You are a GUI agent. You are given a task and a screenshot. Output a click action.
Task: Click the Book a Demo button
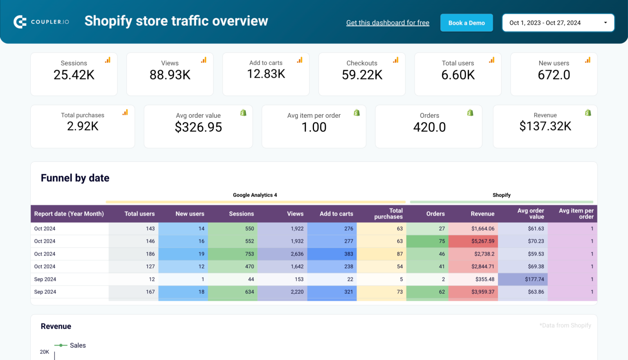click(x=467, y=23)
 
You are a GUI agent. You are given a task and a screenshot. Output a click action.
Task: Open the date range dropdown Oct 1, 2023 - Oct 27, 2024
click(x=558, y=23)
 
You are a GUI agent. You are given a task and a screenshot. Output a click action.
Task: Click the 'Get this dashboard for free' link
click(x=388, y=23)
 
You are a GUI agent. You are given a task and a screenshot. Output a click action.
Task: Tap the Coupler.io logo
click(x=41, y=22)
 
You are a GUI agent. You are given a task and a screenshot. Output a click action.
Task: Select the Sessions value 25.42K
click(x=74, y=75)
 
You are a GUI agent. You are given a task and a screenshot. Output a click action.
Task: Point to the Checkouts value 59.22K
click(x=362, y=75)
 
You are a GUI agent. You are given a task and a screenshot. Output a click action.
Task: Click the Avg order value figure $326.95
click(x=198, y=127)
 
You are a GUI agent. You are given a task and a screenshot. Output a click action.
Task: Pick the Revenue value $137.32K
click(x=545, y=126)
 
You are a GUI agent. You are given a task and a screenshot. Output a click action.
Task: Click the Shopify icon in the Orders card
click(x=470, y=113)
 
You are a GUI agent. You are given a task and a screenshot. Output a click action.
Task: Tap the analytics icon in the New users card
click(x=588, y=60)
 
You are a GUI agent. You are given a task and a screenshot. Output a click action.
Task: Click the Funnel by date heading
click(x=75, y=178)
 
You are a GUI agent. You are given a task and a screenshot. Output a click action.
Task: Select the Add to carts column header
click(x=336, y=214)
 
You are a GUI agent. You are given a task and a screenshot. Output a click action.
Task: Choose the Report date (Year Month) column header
click(x=69, y=214)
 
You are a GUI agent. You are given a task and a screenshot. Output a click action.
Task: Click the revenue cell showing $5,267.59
click(x=482, y=241)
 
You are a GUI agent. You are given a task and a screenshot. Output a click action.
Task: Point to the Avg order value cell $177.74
click(x=534, y=279)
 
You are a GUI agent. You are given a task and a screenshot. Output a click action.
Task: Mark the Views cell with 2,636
click(x=297, y=254)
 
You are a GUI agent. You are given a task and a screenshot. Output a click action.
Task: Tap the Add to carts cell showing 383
click(x=348, y=254)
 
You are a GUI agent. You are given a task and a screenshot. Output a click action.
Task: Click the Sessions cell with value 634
click(x=249, y=292)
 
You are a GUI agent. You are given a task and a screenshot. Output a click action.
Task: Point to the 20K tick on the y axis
click(x=44, y=352)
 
